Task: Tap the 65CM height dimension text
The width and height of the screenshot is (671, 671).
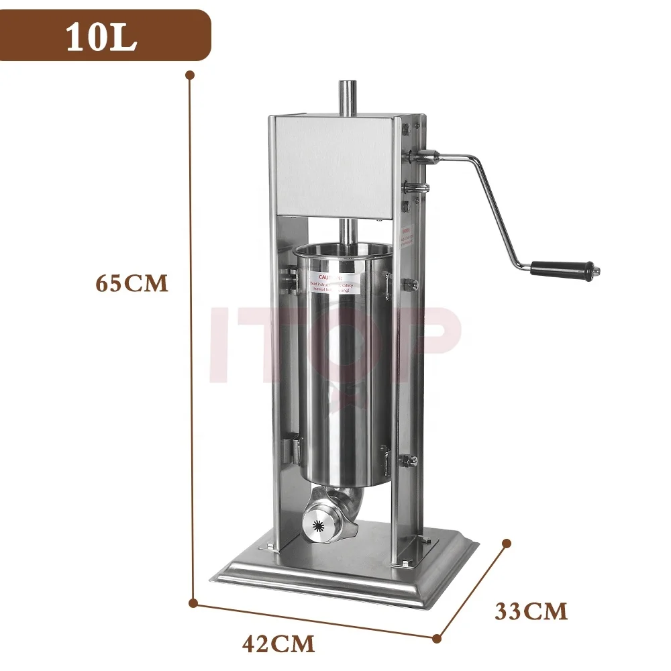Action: click(x=131, y=283)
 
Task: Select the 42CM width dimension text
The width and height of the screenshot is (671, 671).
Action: click(x=278, y=645)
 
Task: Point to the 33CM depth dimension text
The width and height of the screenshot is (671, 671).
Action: click(x=531, y=611)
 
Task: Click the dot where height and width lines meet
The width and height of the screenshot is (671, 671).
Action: click(x=193, y=602)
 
